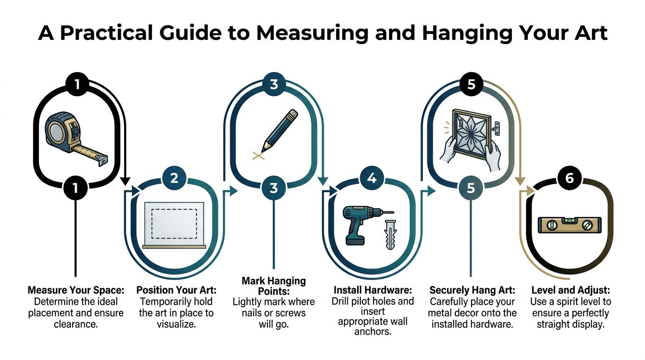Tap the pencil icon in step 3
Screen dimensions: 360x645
pos(280,130)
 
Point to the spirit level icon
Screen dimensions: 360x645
pos(568,225)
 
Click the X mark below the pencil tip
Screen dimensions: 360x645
pos(257,156)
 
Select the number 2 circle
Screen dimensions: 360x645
pos(174,178)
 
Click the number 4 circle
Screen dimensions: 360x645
pos(372,178)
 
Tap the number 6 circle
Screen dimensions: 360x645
pos(570,178)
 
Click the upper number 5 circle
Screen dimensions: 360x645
pos(471,84)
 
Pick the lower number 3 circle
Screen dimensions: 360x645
pos(274,188)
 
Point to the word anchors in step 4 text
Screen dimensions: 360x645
pos(373,332)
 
